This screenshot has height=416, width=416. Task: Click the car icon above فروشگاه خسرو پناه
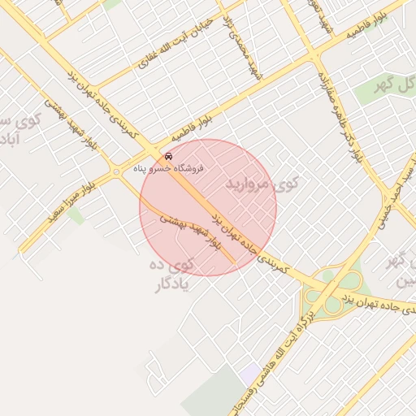[x=168, y=155]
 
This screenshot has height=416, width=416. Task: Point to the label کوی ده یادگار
[x=171, y=274]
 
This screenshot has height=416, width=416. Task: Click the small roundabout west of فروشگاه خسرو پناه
[x=116, y=171]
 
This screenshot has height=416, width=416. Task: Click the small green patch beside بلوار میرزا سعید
[x=76, y=214]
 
